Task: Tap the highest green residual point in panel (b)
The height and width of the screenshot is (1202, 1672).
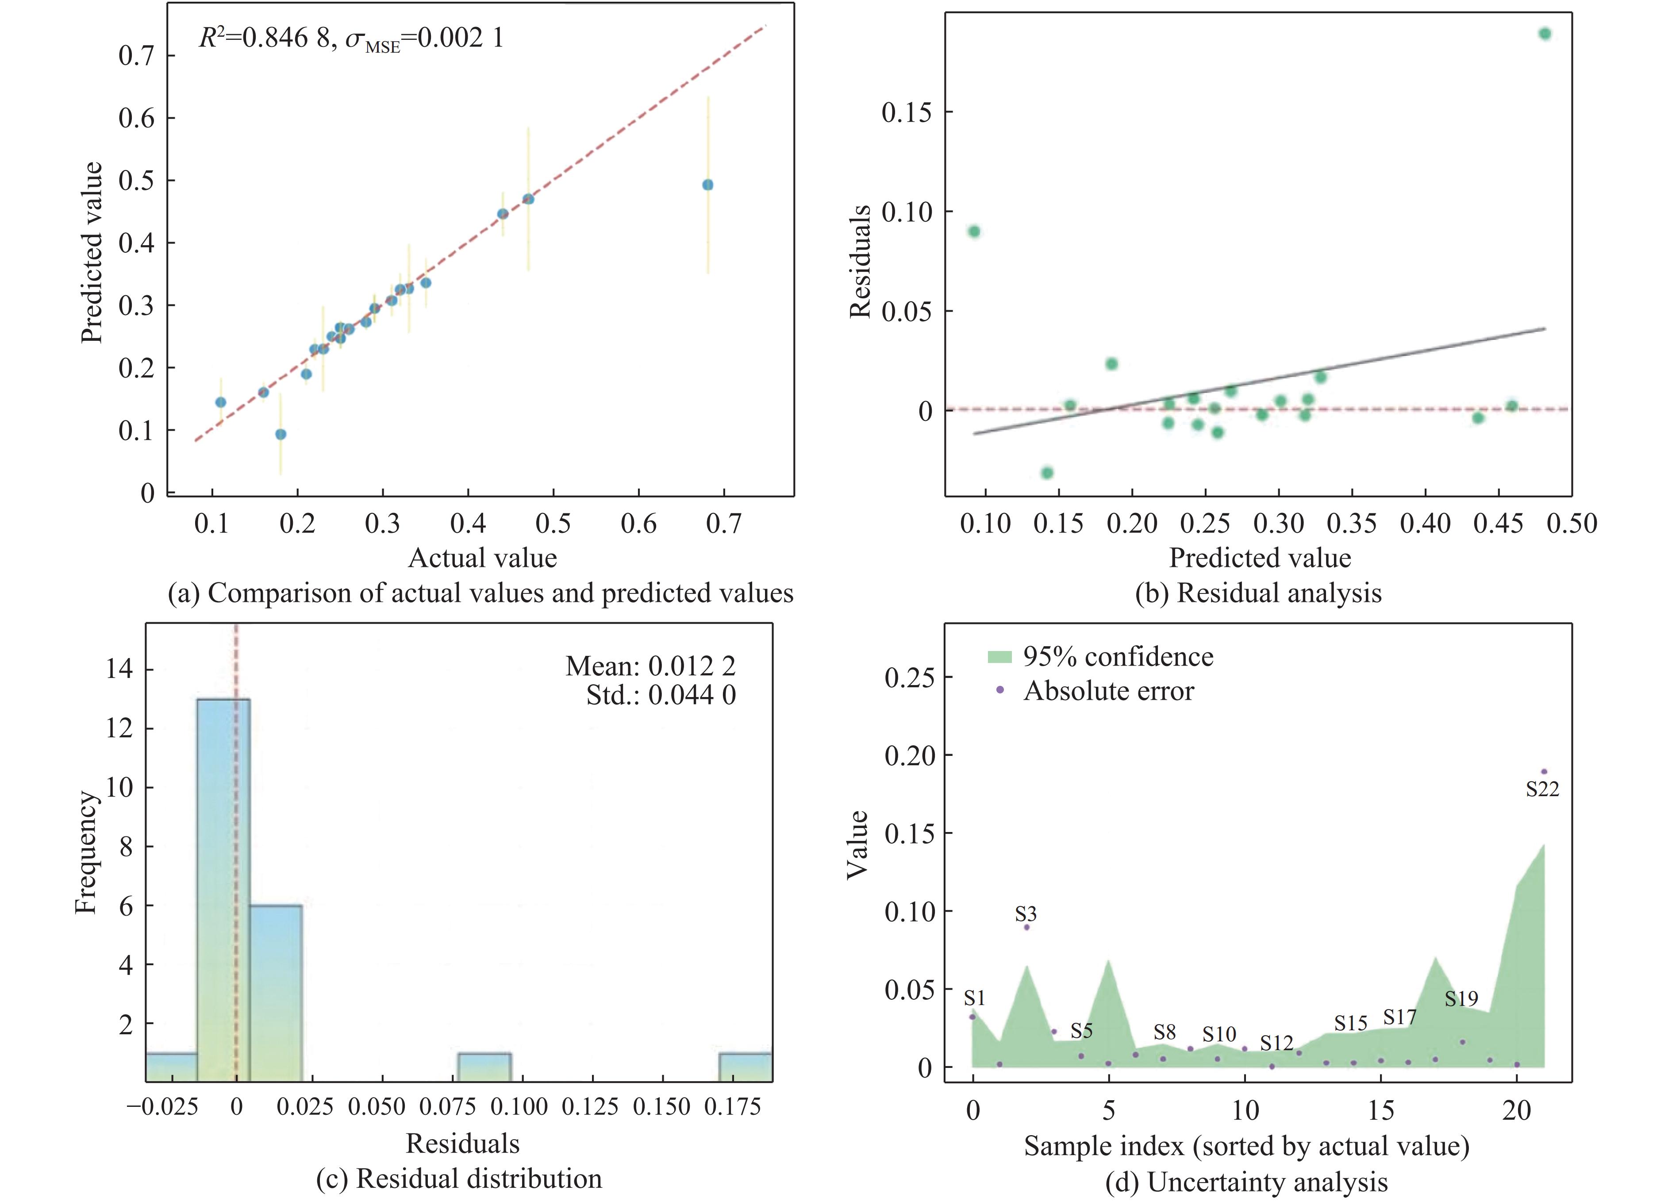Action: [x=1545, y=34]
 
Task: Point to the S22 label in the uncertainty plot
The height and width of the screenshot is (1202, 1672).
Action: [x=1542, y=790]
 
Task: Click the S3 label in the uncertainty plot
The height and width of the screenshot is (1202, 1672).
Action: [x=1026, y=914]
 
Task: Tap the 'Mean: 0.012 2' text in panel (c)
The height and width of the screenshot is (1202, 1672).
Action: [x=650, y=666]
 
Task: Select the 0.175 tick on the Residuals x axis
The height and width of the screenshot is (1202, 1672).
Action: [x=732, y=1108]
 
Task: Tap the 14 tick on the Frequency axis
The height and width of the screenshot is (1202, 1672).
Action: [x=119, y=670]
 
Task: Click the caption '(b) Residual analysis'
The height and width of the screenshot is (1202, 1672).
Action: [x=1258, y=593]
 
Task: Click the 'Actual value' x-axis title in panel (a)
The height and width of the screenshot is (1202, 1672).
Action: [x=482, y=558]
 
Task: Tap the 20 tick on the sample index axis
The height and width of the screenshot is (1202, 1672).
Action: [x=1516, y=1110]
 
